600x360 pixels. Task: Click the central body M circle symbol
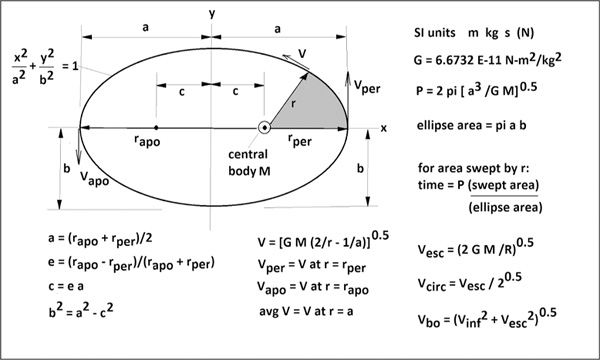264,128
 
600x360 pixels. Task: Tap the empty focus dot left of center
156,127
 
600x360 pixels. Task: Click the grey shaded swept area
315,106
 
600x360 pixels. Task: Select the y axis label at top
212,14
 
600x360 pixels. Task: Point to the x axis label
383,129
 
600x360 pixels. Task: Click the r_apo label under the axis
147,140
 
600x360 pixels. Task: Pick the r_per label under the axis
300,140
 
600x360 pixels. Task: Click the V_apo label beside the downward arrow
95,178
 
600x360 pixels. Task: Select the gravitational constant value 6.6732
454,60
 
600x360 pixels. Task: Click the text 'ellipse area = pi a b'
471,125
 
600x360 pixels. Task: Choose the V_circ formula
470,281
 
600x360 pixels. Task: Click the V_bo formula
487,318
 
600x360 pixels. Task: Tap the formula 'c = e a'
66,286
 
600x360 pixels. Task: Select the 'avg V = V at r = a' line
306,311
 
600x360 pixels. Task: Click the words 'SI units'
435,33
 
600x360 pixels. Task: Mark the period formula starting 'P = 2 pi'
476,89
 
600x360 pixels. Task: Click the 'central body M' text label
249,163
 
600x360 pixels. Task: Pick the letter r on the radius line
293,104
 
